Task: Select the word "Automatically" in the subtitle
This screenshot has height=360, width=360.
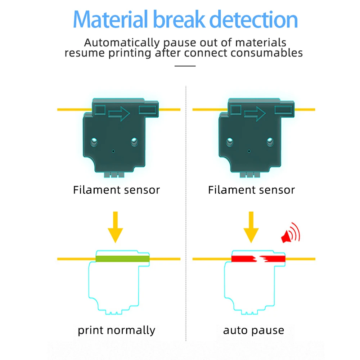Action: tap(122, 42)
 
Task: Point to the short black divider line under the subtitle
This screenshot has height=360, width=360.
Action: tap(185, 66)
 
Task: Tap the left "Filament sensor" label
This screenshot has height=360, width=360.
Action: tap(116, 190)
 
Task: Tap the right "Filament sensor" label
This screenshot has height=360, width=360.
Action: tap(251, 190)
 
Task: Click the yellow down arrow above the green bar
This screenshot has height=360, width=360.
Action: tap(116, 227)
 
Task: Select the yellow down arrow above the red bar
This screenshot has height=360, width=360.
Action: tap(251, 227)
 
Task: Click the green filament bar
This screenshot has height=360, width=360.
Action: tap(122, 258)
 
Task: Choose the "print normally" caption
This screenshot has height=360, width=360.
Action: tap(116, 330)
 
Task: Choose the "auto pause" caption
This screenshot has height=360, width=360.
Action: tap(253, 330)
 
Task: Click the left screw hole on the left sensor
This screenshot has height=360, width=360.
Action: tap(94, 141)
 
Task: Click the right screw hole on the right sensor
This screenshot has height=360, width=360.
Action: tap(270, 141)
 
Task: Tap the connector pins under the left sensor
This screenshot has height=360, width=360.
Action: tap(114, 175)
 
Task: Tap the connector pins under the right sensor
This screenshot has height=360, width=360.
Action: tap(250, 175)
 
